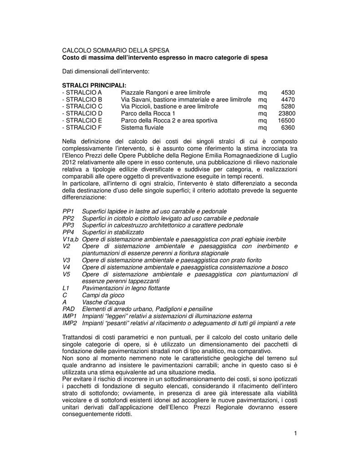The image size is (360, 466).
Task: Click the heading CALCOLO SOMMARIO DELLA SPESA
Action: (115, 51)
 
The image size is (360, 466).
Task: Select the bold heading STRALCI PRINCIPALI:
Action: (94, 86)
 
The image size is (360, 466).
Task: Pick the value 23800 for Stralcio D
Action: (286, 113)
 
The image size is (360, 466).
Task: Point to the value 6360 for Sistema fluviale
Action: (288, 127)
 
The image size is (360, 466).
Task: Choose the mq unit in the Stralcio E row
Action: (262, 121)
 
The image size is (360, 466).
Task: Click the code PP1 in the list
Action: (68, 212)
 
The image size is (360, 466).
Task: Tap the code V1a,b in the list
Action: (71, 239)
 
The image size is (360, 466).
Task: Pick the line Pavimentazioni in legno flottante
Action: (126, 288)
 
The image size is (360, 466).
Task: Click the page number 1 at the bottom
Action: (295, 433)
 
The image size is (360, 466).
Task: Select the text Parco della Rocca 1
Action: (148, 113)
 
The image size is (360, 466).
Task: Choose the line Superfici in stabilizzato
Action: (113, 233)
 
